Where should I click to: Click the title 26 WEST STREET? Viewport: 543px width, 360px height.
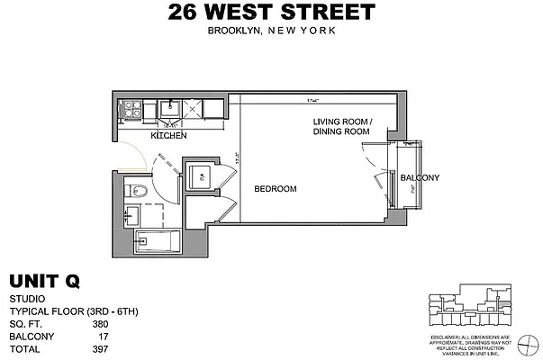[271, 13]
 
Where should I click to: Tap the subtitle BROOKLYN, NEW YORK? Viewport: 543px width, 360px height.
[271, 31]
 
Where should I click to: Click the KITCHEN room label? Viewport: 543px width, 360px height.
[168, 135]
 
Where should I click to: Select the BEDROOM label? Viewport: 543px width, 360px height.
[275, 188]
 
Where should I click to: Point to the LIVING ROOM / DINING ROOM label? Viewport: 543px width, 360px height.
[341, 126]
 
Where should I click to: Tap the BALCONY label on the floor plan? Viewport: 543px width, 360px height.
[420, 177]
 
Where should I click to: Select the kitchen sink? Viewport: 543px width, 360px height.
[168, 108]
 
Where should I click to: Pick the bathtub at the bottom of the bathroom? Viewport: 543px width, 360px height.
[158, 240]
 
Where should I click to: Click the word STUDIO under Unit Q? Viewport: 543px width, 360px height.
[27, 300]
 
